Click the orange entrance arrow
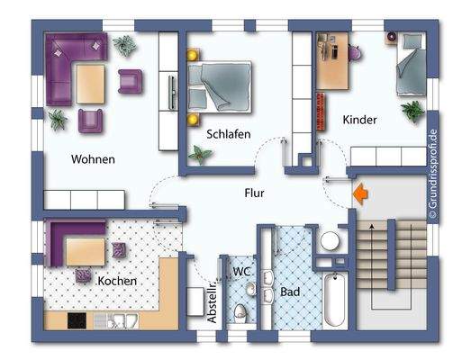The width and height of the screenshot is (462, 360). pyautogui.click(x=360, y=192)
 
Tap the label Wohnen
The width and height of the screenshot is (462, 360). pyautogui.click(x=93, y=159)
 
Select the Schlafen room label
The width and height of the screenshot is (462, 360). pyautogui.click(x=228, y=133)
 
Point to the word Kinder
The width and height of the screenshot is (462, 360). pyautogui.click(x=358, y=120)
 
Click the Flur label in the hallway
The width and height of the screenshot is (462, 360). pyautogui.click(x=254, y=192)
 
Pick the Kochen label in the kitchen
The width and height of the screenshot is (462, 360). pyautogui.click(x=118, y=282)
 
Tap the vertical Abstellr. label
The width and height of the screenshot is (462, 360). pyautogui.click(x=213, y=302)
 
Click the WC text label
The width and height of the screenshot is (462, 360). pyautogui.click(x=241, y=270)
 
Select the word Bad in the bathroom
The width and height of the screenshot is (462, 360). pyautogui.click(x=290, y=292)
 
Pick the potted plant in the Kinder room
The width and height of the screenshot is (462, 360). pyautogui.click(x=413, y=111)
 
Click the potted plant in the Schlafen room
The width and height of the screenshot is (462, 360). pyautogui.click(x=200, y=156)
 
